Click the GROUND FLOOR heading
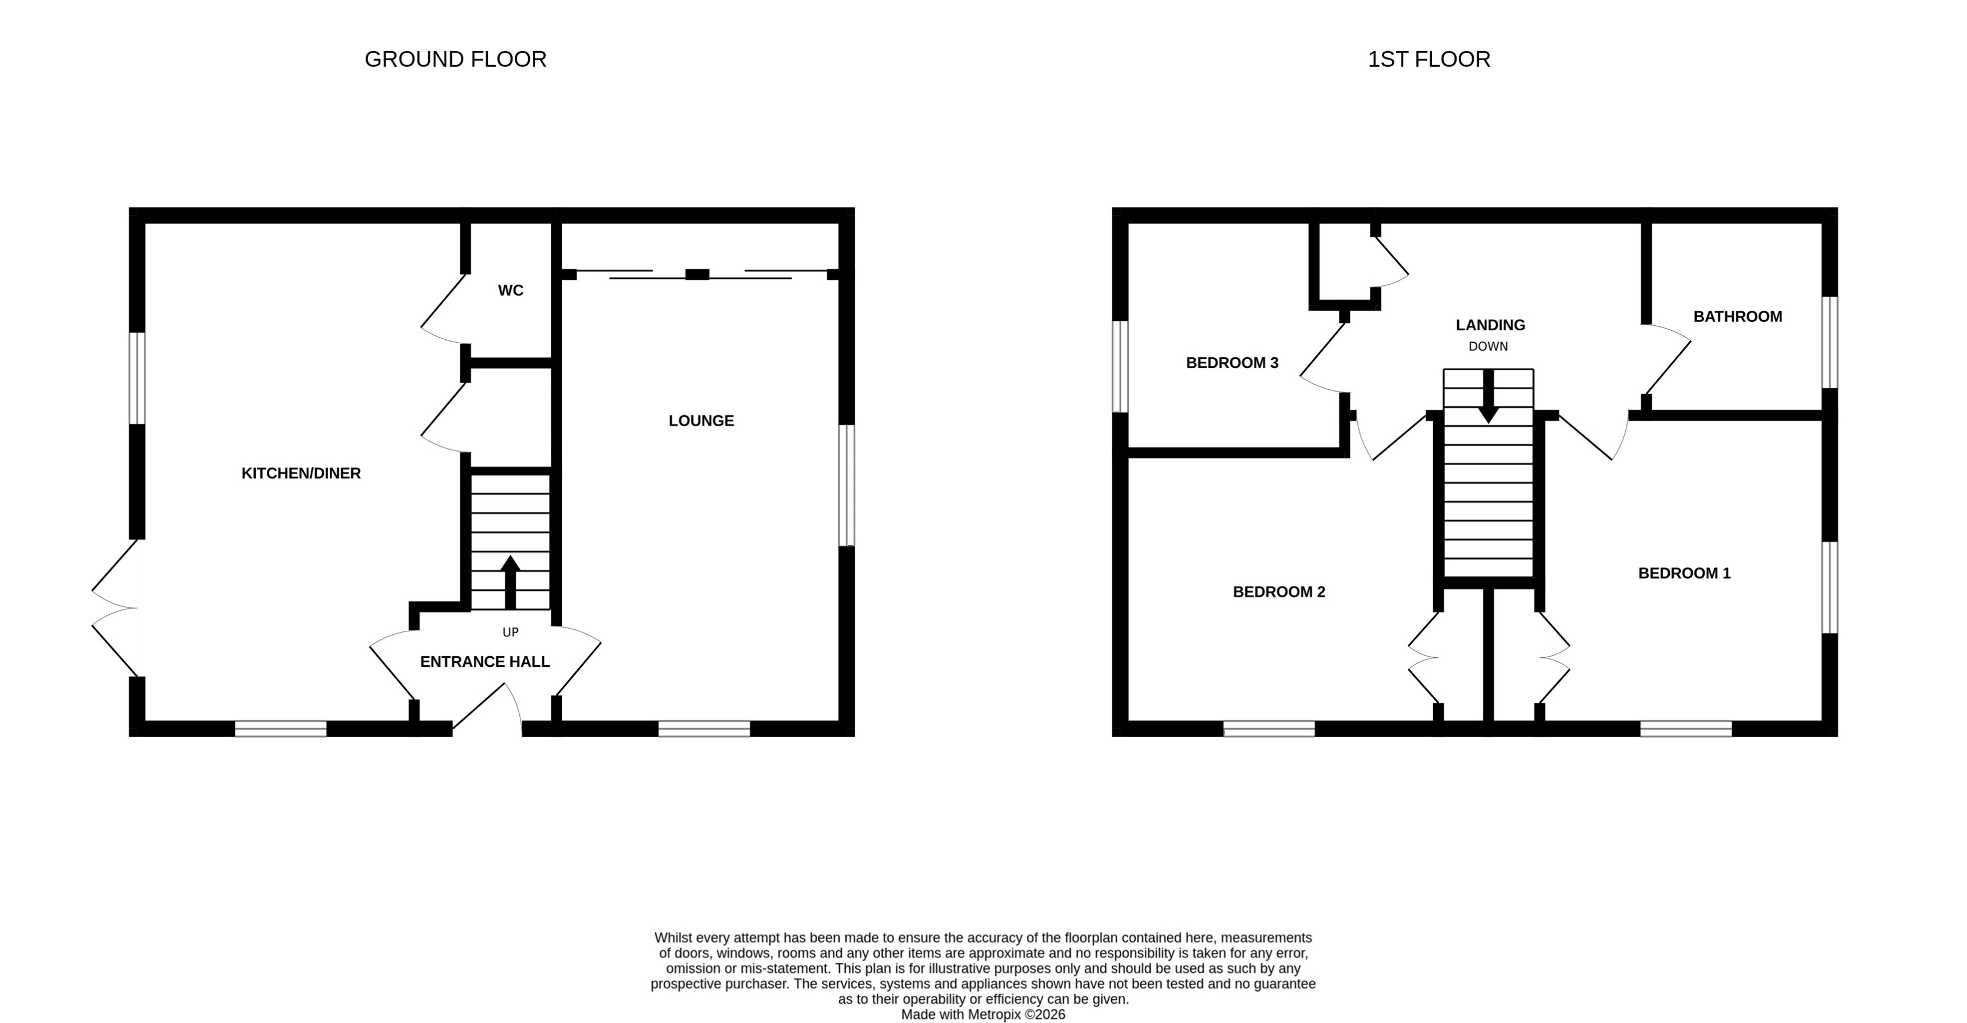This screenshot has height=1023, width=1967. click(455, 59)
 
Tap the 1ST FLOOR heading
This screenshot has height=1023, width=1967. click(1428, 59)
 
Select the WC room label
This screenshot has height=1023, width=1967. click(510, 290)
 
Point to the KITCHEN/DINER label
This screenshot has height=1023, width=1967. click(301, 474)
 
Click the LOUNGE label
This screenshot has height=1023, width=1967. click(701, 421)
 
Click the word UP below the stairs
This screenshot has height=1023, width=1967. click(510, 632)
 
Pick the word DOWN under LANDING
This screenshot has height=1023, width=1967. click(1488, 347)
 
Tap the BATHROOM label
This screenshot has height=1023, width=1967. click(1737, 317)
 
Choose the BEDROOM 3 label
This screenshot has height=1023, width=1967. click(1232, 363)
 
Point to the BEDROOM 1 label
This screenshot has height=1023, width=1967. click(1684, 574)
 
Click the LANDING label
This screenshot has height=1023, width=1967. click(1490, 325)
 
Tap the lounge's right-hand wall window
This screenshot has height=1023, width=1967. click(846, 485)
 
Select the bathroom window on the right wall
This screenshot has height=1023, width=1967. click(1829, 343)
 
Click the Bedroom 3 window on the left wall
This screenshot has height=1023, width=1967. click(1120, 366)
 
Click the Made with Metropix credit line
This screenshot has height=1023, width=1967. click(983, 1015)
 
